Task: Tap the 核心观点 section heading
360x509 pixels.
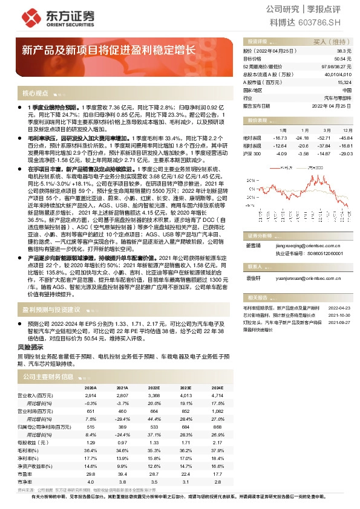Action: [x=35, y=93]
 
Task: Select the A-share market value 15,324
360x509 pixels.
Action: [x=344, y=82]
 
